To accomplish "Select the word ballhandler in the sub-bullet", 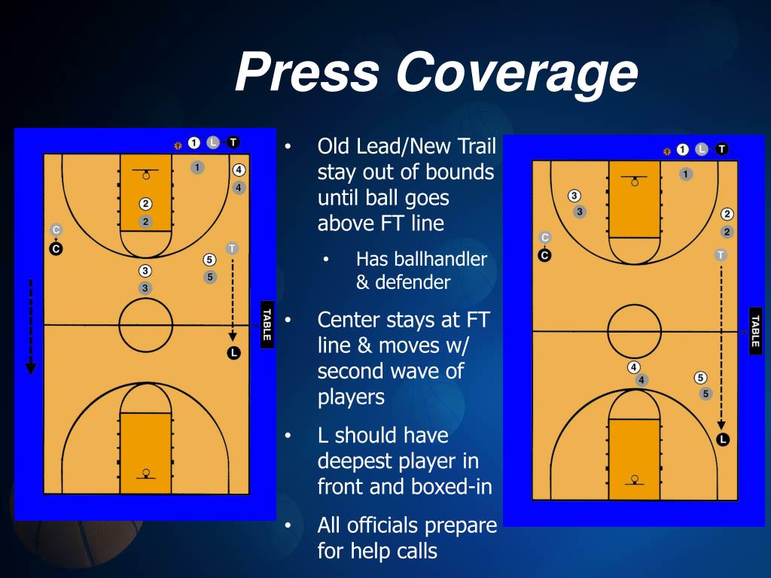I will click(422, 260).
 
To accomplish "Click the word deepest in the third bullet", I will click(361, 461).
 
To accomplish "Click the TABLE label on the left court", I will click(266, 324).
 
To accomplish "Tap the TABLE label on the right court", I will click(755, 331).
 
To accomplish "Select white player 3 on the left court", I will click(145, 271).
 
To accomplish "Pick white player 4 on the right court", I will click(634, 367).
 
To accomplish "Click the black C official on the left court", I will click(56, 248).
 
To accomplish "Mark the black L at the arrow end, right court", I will click(723, 440).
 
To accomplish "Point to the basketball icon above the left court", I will click(178, 145).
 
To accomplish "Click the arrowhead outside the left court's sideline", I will click(31, 368).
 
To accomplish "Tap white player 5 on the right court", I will click(700, 378).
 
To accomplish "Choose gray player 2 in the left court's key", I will click(146, 221).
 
